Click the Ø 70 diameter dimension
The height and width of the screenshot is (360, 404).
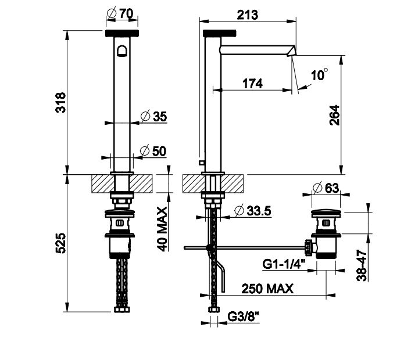120,13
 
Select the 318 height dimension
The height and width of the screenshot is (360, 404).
61,102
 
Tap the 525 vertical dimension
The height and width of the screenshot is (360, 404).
61,243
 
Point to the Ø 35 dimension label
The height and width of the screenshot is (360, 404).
154,116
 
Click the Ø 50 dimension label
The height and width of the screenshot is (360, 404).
153,151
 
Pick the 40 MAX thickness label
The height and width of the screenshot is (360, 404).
162,229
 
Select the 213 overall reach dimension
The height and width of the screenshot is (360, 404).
248,15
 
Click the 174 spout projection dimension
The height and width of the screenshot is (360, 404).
252,84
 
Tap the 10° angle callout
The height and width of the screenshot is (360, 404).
320,75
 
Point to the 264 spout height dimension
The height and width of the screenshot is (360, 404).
335,115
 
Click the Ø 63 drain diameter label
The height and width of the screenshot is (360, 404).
326,188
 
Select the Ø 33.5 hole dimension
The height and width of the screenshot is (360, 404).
253,211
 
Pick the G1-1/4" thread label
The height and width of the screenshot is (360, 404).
284,264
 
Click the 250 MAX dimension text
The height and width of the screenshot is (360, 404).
267,289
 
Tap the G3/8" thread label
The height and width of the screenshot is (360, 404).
243,317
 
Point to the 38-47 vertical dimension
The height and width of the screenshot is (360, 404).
362,265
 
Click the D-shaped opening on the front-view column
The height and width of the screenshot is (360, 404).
122,51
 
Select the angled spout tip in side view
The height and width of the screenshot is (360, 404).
291,51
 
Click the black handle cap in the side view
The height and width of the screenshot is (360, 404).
220,33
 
